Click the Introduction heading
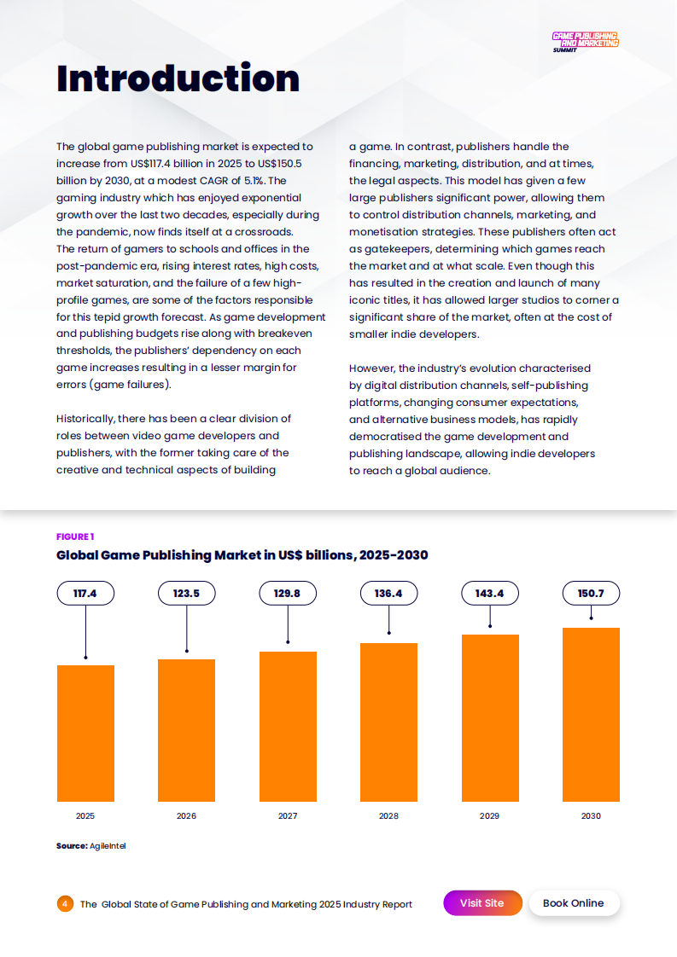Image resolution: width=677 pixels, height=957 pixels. coord(178,78)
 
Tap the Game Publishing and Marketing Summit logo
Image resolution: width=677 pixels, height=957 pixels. coord(585,42)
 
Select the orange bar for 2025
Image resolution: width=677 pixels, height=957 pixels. coord(85,733)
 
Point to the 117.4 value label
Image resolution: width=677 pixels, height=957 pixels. coord(85,594)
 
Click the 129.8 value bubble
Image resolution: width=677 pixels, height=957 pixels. coord(288,594)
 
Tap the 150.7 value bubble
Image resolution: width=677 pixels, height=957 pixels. coord(591,594)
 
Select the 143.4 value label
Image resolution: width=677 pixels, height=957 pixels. coord(490,594)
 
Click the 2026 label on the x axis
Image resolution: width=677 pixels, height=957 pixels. coord(186,816)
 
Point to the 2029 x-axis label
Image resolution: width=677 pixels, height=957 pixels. coord(490,816)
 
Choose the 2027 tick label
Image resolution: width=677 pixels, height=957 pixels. coord(288,816)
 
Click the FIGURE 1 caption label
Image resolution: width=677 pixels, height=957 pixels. coord(75,536)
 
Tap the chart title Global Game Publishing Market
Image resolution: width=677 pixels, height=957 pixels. coord(242,555)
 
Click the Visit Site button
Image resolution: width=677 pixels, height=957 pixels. coord(481,903)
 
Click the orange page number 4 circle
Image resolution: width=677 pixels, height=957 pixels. coord(66,904)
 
